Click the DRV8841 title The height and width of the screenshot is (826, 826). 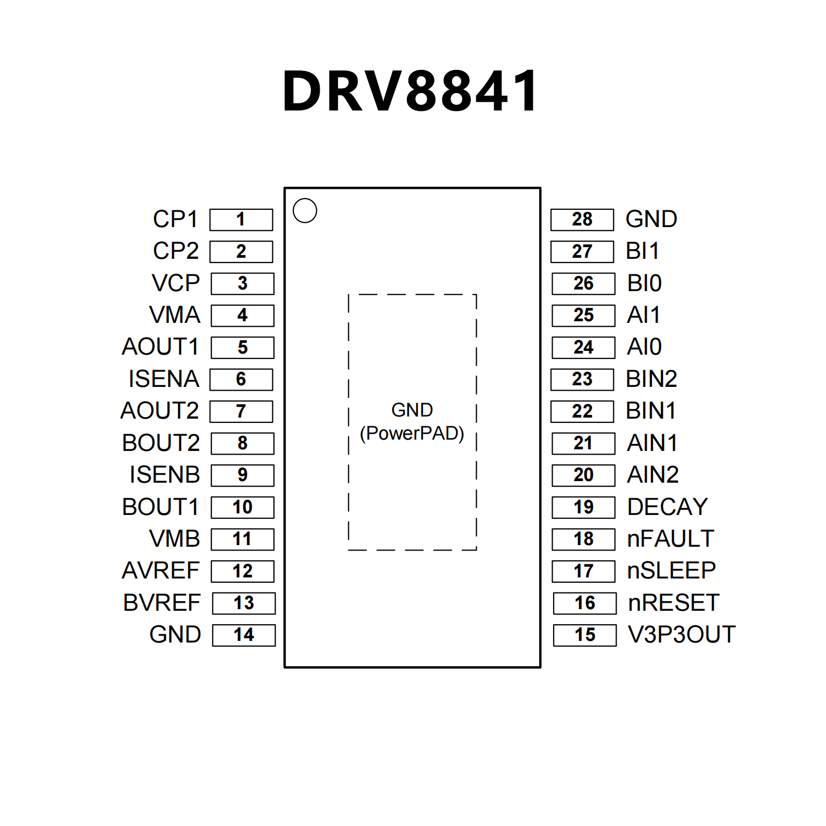point(411,91)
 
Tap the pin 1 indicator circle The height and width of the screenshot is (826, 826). point(305,210)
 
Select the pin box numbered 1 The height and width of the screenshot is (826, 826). point(241,220)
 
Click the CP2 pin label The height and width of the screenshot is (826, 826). point(176,251)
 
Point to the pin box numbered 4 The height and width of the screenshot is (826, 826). point(243,315)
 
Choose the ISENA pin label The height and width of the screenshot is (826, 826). point(164,379)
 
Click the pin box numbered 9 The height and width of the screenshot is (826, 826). point(243,475)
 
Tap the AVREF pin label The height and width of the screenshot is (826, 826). point(161,570)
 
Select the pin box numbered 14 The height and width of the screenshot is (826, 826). point(244,635)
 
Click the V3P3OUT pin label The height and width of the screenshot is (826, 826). point(682,634)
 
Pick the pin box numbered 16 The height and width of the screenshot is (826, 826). point(584,603)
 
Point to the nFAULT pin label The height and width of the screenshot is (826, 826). point(670,539)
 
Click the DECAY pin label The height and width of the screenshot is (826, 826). point(667,507)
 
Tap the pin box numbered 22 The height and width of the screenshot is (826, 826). point(582,411)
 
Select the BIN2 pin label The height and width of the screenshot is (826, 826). point(651,379)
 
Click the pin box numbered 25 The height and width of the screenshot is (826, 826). point(583,315)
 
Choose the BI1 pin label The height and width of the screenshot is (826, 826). point(643,251)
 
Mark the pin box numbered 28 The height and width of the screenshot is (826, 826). point(582,220)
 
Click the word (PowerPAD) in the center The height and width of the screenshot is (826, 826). point(412,433)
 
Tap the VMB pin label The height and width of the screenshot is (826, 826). point(175,539)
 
